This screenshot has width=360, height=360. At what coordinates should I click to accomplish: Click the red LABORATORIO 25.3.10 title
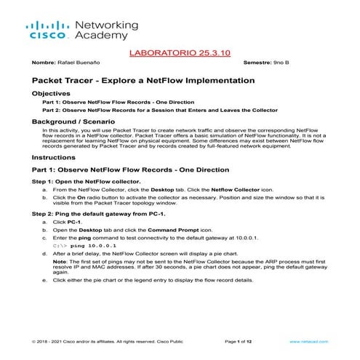click(x=179, y=53)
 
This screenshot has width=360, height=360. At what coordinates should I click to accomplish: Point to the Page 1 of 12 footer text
click(x=241, y=340)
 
